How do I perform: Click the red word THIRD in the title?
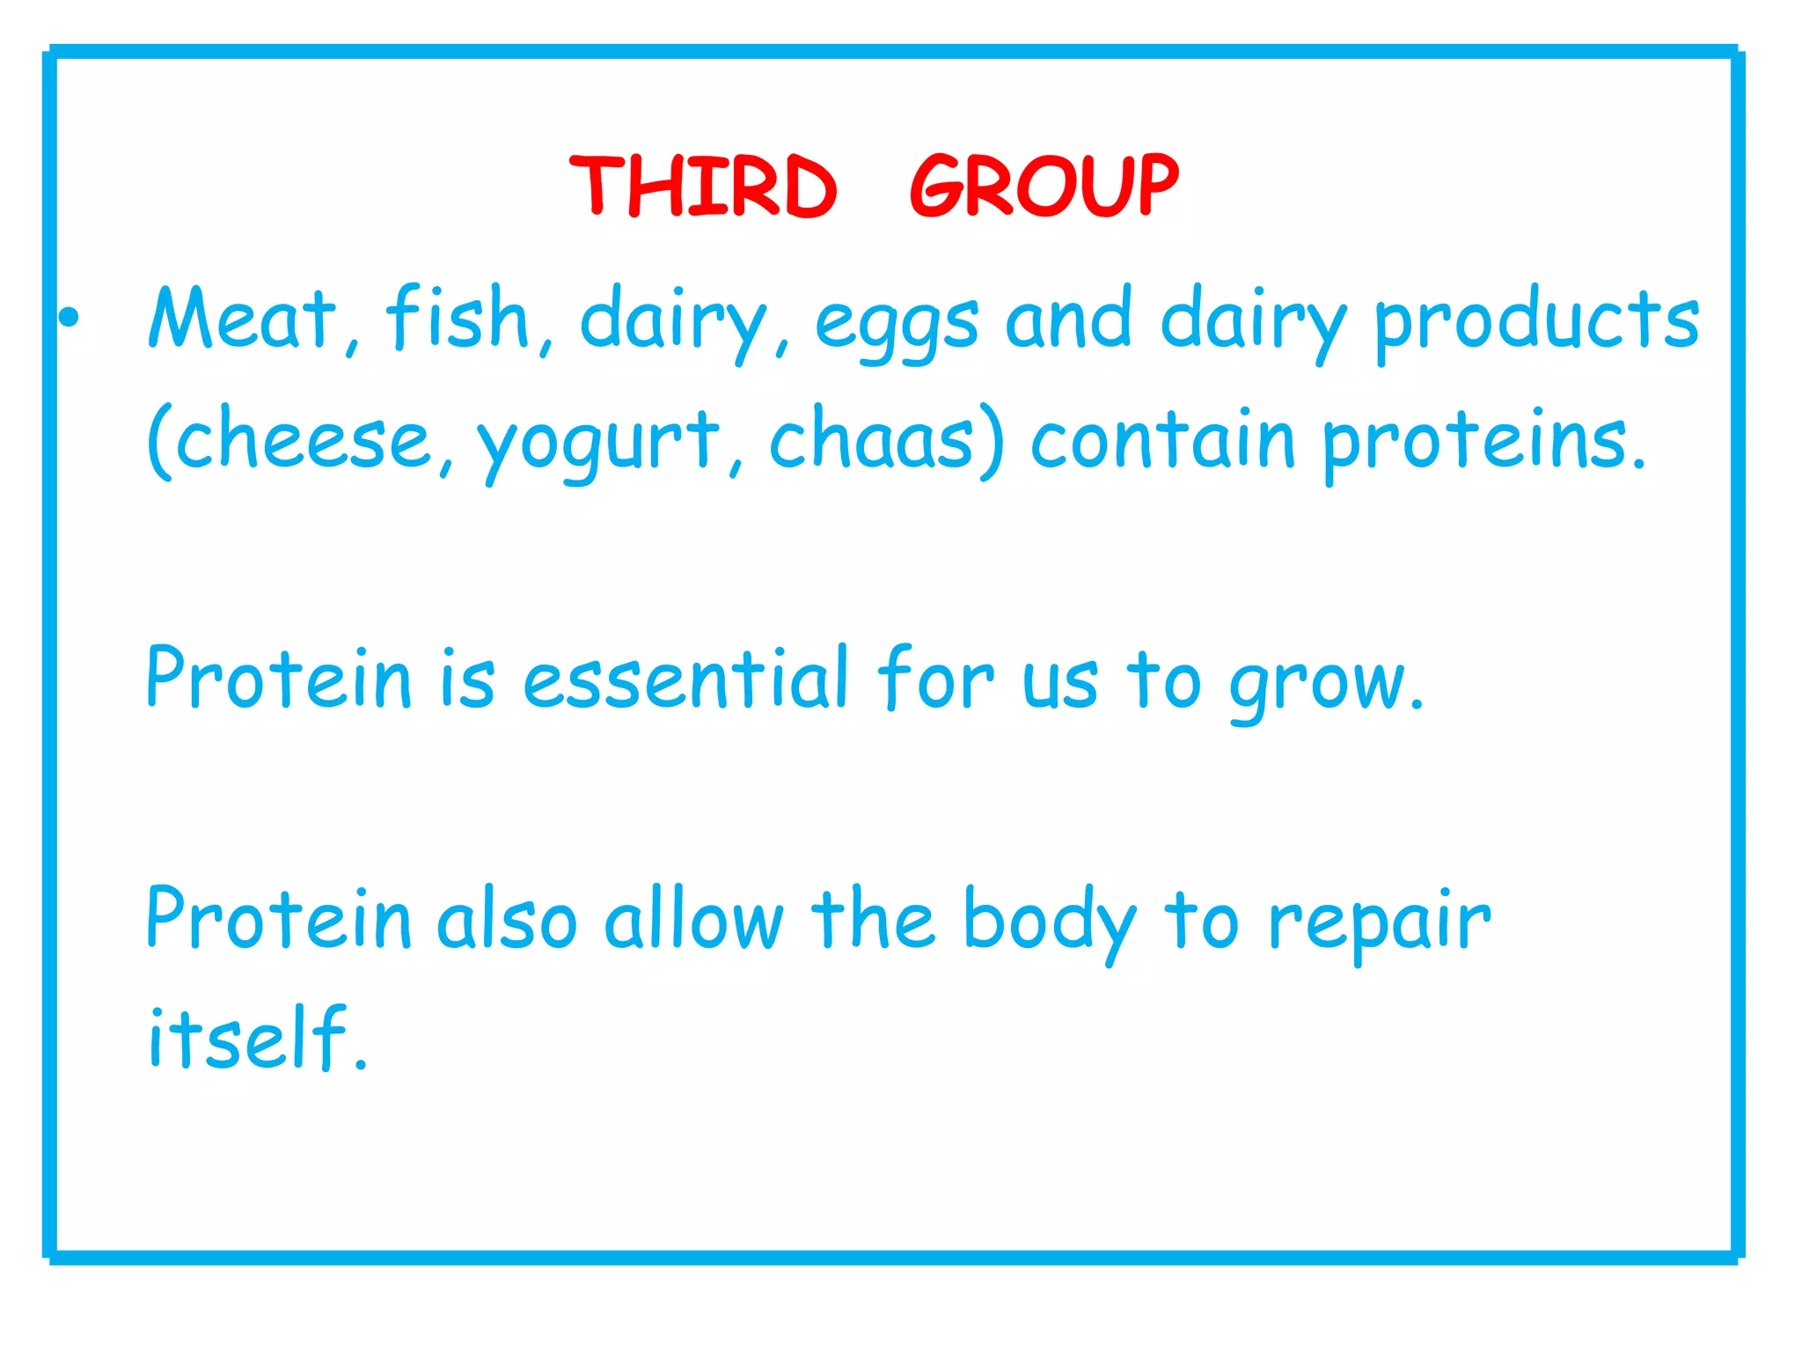click(703, 186)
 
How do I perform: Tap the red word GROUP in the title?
click(1044, 186)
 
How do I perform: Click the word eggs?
click(896, 324)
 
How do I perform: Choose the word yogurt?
click(598, 444)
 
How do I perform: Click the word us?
click(1059, 683)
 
